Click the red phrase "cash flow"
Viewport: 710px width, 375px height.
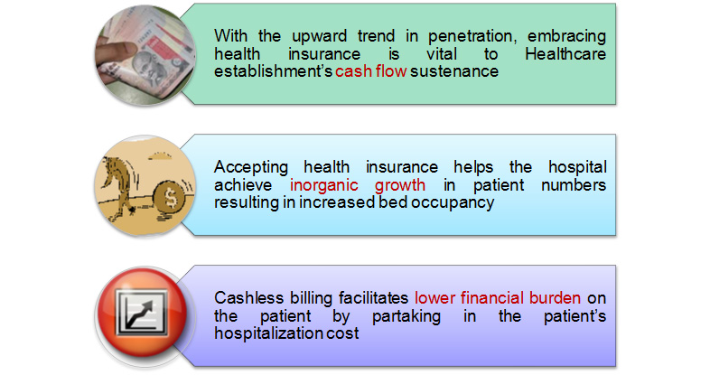pos(371,71)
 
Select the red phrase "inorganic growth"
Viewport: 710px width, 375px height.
pos(358,184)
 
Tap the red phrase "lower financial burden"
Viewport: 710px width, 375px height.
pos(498,298)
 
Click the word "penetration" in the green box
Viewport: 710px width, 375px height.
pos(472,36)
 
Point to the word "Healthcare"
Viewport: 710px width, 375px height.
pos(565,54)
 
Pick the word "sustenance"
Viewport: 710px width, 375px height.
pos(454,71)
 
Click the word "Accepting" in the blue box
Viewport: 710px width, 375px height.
pos(251,167)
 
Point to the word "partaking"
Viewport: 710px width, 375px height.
pos(406,316)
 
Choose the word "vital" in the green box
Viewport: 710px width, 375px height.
pos(442,54)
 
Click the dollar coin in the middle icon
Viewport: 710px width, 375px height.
pos(169,198)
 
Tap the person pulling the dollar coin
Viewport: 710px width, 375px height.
pos(117,186)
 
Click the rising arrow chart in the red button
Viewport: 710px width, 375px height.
pos(142,313)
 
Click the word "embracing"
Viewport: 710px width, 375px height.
pos(566,36)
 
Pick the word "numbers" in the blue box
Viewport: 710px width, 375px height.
pos(574,184)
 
